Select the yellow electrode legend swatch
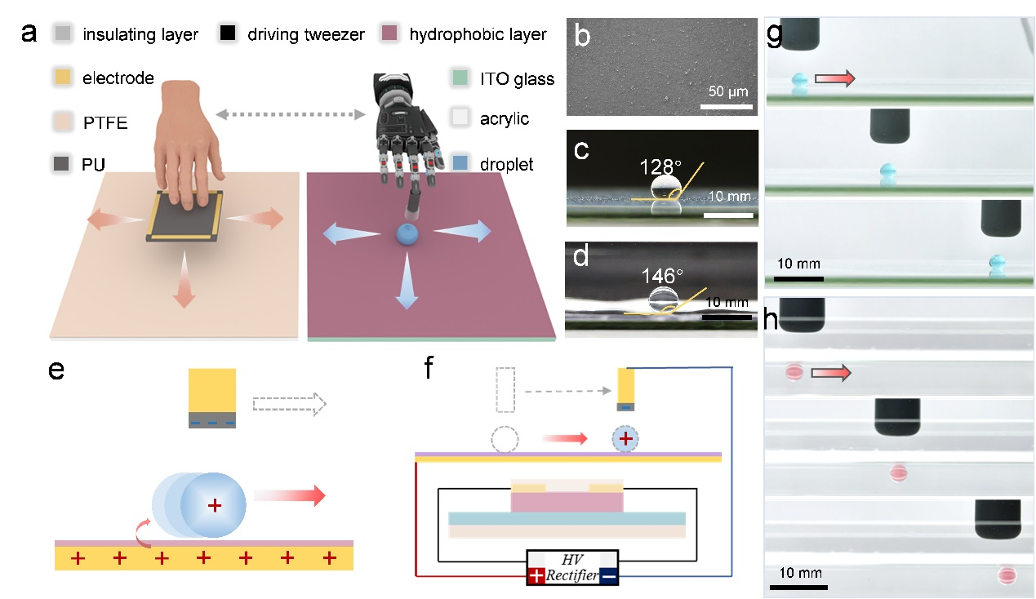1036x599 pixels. click(62, 78)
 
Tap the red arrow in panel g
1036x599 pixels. click(834, 78)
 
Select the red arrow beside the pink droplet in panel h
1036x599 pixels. click(831, 372)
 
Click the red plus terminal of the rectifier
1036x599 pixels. click(536, 575)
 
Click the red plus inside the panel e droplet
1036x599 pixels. click(215, 505)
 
